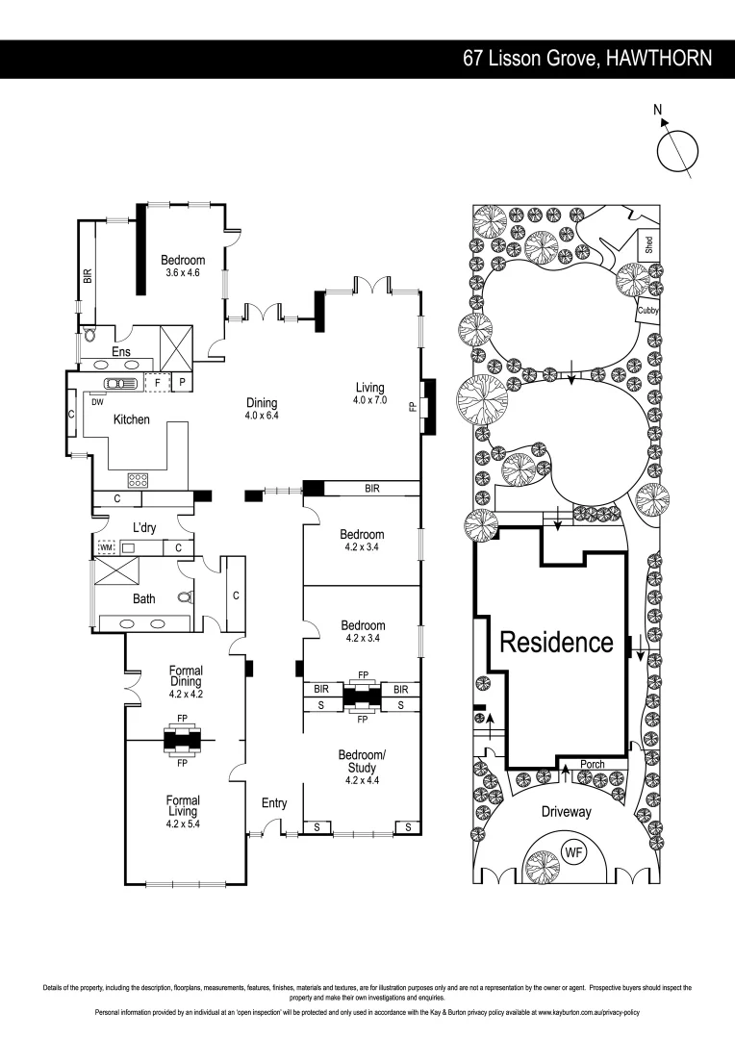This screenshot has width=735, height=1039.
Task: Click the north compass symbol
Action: click(x=678, y=149)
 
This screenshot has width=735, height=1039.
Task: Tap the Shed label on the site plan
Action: click(x=649, y=245)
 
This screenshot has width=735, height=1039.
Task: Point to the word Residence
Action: click(x=556, y=642)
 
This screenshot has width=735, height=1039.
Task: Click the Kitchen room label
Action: click(x=132, y=419)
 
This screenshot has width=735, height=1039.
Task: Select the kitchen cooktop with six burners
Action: click(x=137, y=478)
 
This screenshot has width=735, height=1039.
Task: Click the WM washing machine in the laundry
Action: click(x=106, y=547)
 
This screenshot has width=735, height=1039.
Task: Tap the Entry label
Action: click(x=274, y=803)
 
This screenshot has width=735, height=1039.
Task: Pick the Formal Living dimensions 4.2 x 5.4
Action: click(x=183, y=824)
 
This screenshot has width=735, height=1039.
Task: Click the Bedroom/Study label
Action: click(x=362, y=760)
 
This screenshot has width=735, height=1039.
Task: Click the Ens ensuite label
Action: click(x=120, y=352)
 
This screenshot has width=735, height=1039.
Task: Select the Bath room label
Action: click(x=143, y=598)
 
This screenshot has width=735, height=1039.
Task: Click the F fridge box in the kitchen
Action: click(x=157, y=382)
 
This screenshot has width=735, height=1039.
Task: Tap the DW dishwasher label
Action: click(x=97, y=402)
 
